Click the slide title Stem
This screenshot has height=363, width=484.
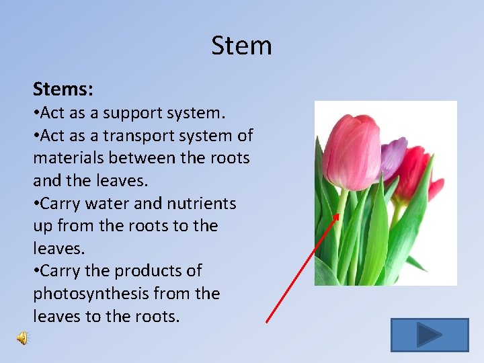[241, 46]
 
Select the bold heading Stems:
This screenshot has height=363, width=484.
[63, 89]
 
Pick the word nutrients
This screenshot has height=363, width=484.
[201, 203]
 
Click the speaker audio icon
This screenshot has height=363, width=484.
[22, 338]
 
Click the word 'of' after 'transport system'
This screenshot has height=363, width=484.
[245, 136]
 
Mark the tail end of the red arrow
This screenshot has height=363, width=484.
[267, 322]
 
